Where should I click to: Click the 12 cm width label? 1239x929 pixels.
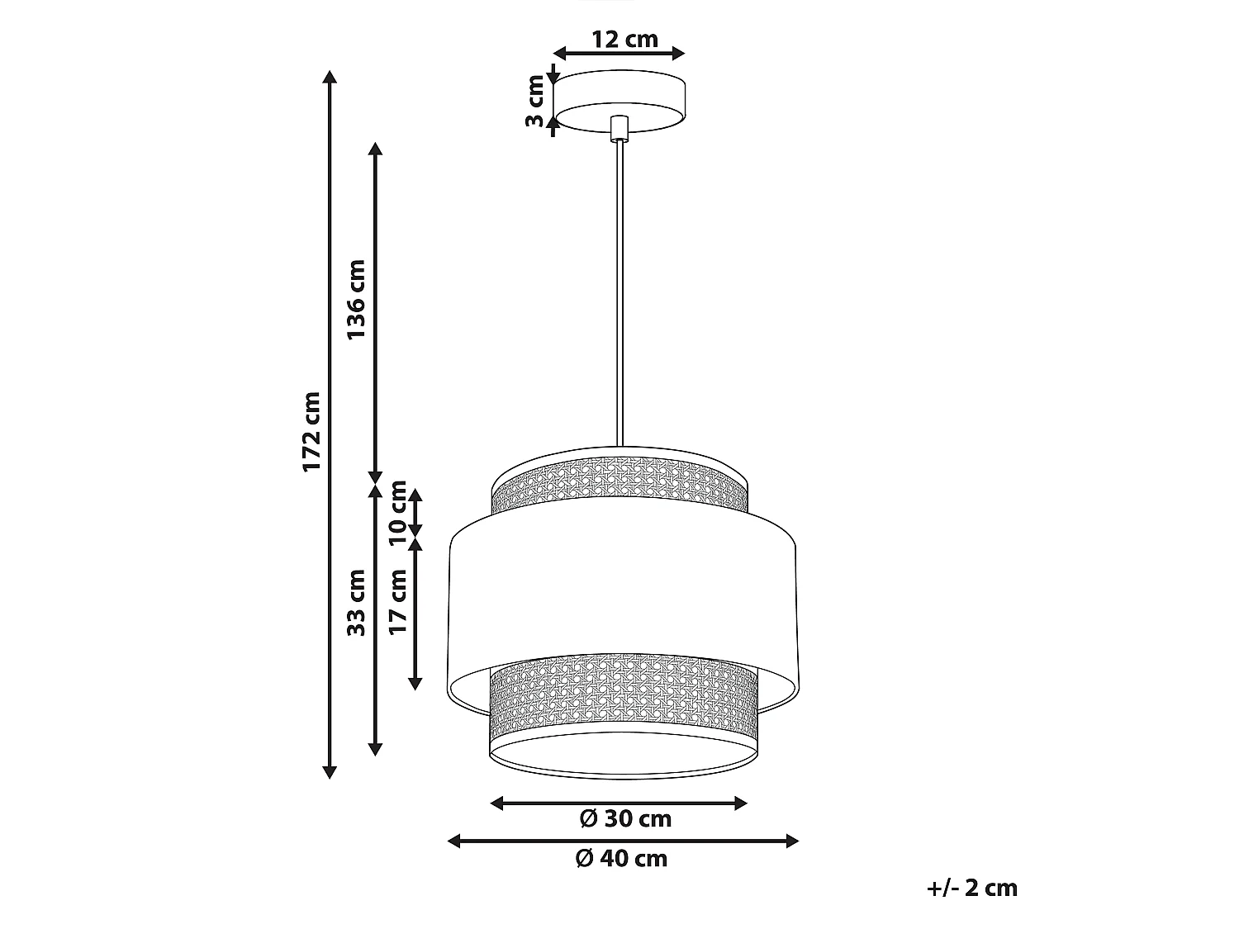coord(624,40)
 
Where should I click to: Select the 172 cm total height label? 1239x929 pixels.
coord(311,432)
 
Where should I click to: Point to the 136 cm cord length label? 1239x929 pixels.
coord(356,300)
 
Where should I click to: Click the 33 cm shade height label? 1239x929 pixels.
coord(356,603)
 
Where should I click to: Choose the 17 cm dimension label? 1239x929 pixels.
coord(398,602)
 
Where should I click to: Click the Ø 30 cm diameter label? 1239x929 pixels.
coord(625,819)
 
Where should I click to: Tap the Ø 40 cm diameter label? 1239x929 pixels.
coord(621,859)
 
